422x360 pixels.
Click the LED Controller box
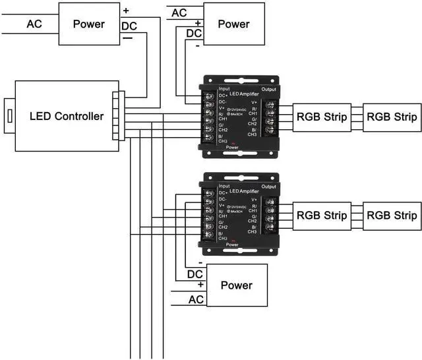[x=66, y=116]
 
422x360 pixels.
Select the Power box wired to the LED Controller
[x=88, y=24]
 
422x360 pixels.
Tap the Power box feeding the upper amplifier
[x=233, y=24]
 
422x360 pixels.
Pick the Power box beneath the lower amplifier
[x=236, y=285]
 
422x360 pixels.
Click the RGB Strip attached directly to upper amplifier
[x=321, y=117]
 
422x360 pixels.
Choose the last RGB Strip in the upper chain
[x=392, y=117]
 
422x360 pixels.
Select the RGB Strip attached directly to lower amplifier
[x=321, y=216]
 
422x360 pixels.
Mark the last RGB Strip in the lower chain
[x=392, y=216]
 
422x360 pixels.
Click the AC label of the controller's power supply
[x=34, y=24]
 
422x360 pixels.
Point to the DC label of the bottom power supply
[x=195, y=274]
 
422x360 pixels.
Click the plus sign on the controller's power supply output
[x=126, y=11]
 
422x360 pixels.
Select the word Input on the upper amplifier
[x=224, y=88]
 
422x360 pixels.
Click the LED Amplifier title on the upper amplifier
[x=241, y=95]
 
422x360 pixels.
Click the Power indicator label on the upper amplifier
[x=232, y=148]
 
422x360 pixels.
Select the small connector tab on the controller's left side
[x=9, y=116]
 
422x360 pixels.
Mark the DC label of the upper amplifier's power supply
[x=195, y=33]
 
